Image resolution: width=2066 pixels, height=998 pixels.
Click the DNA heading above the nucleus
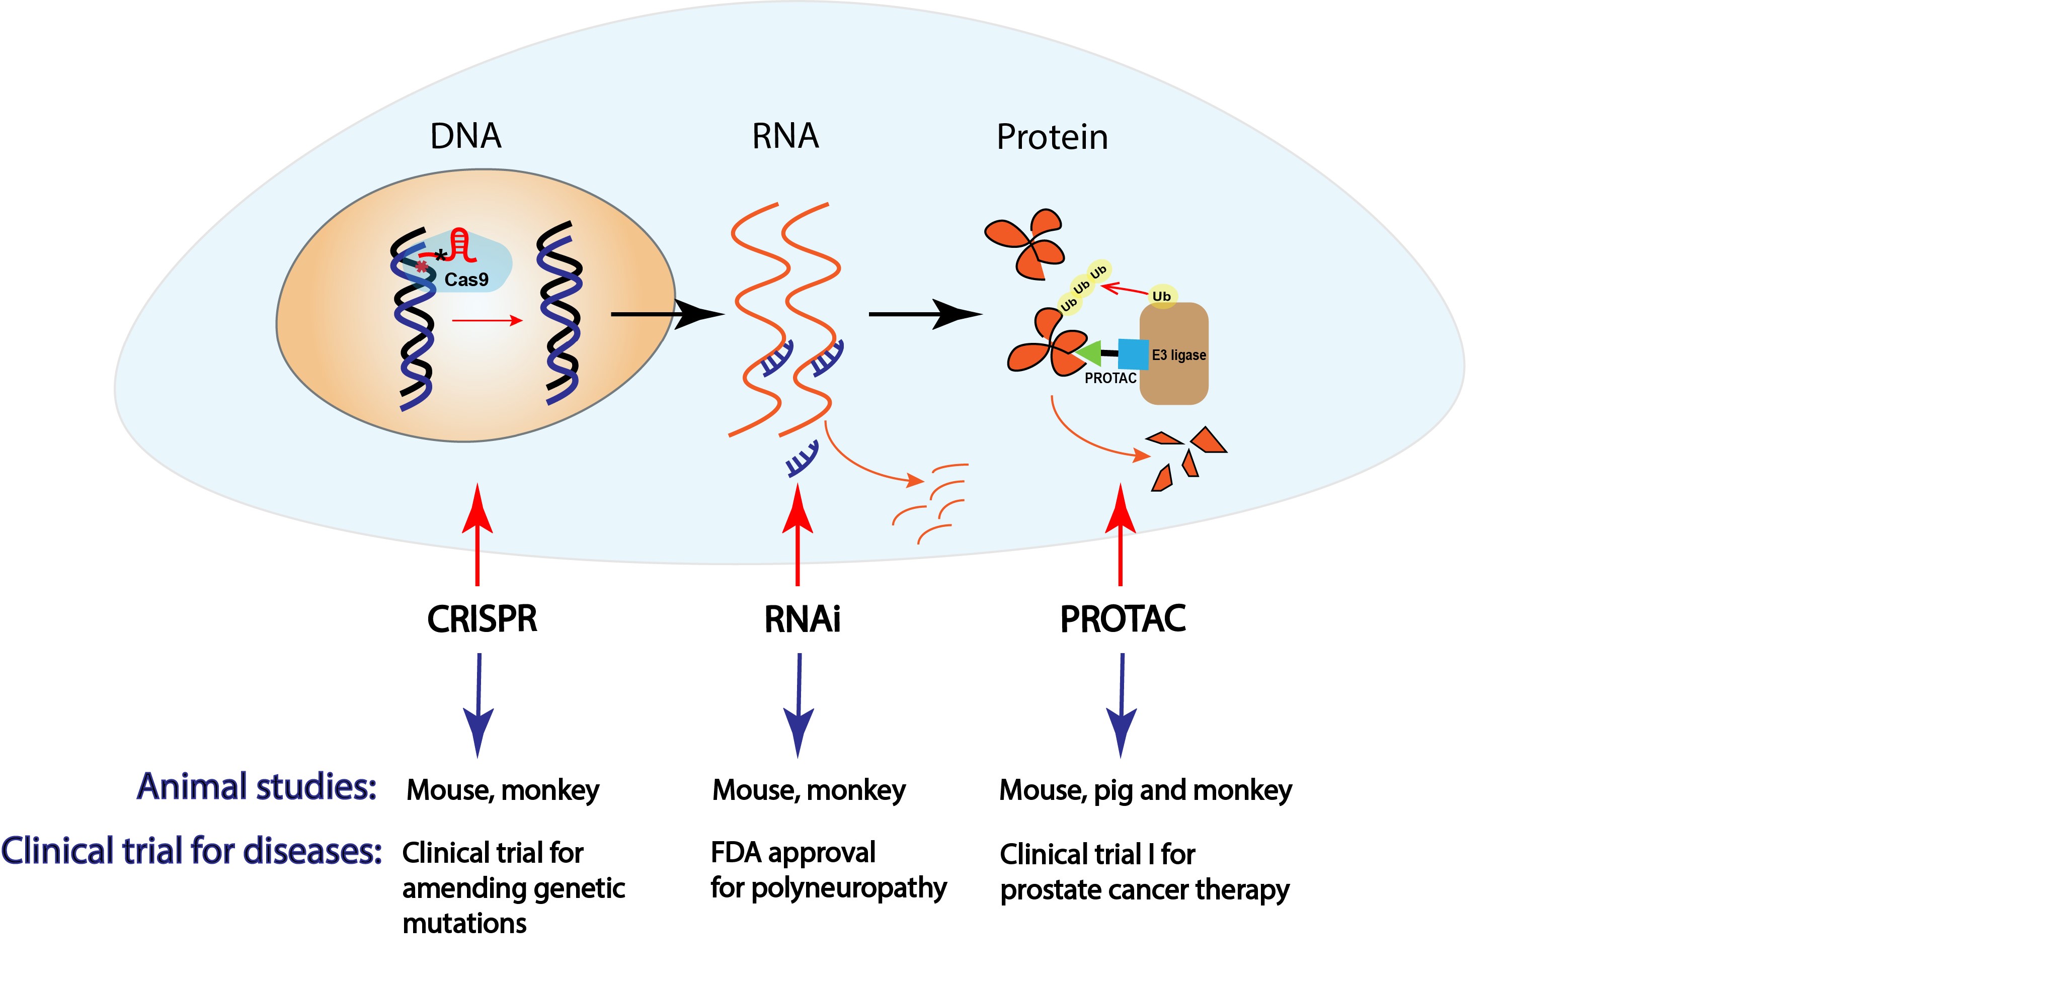tap(466, 136)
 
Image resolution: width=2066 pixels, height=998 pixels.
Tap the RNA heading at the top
tap(785, 136)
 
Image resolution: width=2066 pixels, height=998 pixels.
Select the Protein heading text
tap(1052, 137)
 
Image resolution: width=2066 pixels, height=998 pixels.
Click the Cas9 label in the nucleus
tap(466, 280)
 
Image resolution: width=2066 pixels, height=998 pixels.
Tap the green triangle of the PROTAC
tap(1088, 353)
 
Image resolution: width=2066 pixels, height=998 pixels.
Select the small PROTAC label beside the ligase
tap(1111, 379)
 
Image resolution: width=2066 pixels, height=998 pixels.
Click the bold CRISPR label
tap(482, 619)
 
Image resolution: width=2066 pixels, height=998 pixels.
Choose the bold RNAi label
tap(802, 619)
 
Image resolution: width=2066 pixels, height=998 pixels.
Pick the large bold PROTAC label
tap(1123, 619)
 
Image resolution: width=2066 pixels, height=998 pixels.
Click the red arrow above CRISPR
tap(478, 534)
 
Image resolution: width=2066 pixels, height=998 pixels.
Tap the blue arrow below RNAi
tap(799, 705)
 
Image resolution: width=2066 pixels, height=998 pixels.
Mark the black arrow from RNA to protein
tap(926, 314)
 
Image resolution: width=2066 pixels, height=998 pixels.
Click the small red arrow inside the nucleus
tap(488, 321)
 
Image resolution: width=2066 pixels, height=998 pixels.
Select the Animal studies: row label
tap(257, 787)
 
